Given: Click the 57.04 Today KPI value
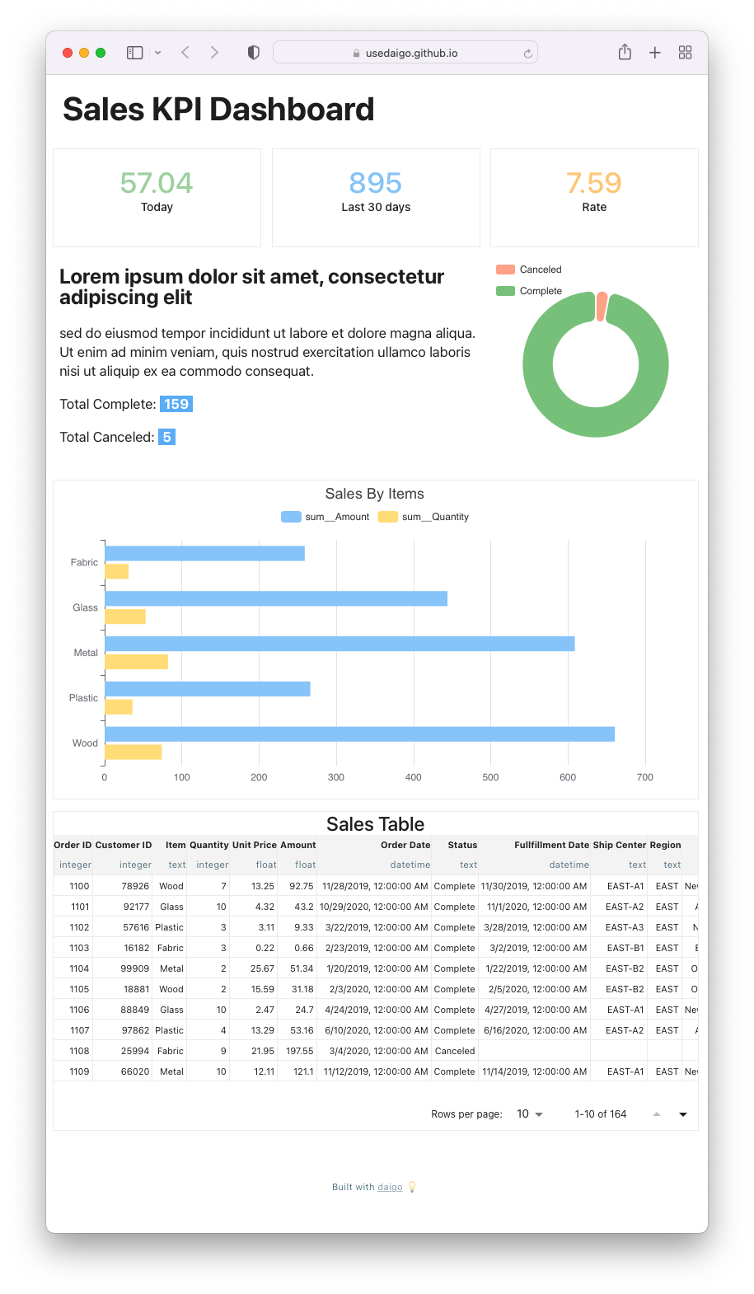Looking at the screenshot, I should tap(157, 183).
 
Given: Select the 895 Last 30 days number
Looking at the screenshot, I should tap(376, 183).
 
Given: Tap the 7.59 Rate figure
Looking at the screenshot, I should tap(594, 183).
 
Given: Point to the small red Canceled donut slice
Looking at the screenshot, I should tap(602, 306).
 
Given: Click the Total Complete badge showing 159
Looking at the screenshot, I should tap(176, 404).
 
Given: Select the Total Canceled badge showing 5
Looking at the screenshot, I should tap(166, 437).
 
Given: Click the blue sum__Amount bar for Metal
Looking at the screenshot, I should tap(340, 644).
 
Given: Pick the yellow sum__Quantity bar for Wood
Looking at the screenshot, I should tap(133, 752).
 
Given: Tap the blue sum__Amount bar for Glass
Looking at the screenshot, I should tap(276, 598).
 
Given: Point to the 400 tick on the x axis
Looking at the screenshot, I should tap(414, 777).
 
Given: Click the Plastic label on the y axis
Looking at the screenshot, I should tap(83, 698).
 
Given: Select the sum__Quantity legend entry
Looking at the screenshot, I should tap(424, 517).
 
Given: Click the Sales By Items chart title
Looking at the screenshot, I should tap(375, 494).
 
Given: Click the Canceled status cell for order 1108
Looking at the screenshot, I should tap(455, 1051).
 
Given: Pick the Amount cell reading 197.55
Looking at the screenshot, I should tap(300, 1051).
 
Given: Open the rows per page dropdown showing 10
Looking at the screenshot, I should tap(530, 1114).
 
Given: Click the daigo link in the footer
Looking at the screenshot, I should tap(390, 1187).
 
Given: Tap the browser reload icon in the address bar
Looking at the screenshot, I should tap(527, 54).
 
